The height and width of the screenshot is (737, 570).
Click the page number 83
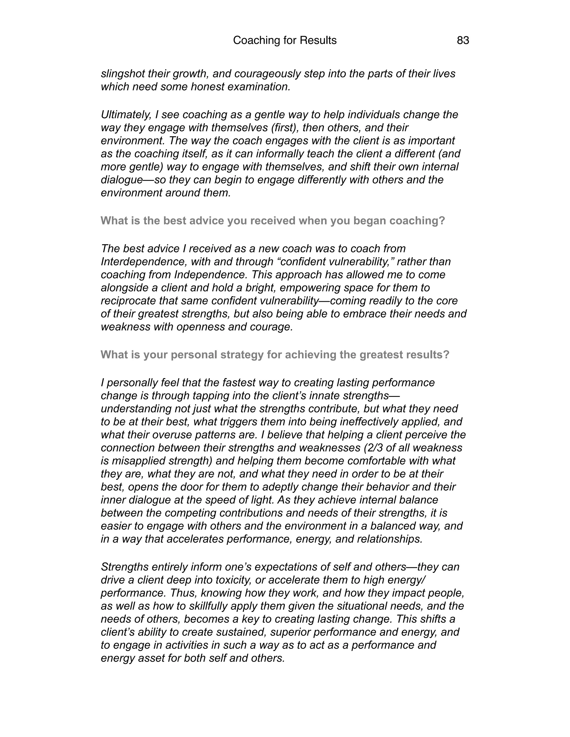463,41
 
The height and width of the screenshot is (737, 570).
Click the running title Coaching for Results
285,41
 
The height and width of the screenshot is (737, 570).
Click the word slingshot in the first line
122,74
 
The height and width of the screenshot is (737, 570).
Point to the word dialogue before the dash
122,180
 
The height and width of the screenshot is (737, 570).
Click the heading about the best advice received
273,221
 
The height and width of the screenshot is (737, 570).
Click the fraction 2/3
375,448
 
